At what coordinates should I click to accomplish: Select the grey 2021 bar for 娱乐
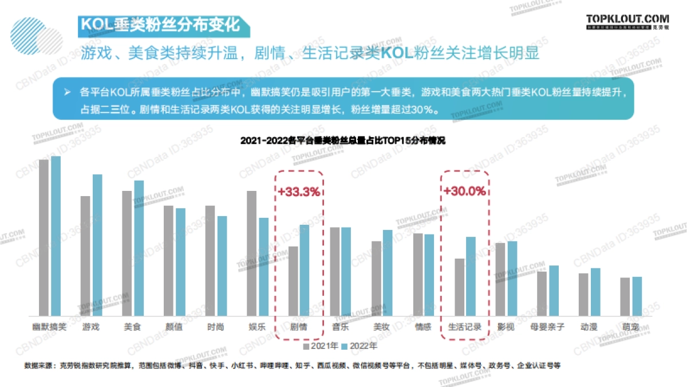(x=251, y=253)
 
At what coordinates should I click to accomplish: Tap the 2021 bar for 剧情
(x=293, y=281)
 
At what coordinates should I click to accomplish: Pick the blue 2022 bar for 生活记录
(x=471, y=276)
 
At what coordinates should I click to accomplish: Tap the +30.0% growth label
(x=464, y=191)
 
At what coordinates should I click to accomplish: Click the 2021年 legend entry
(x=321, y=346)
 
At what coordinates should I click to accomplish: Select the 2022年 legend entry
(x=359, y=346)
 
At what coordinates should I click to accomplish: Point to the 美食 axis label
(x=133, y=327)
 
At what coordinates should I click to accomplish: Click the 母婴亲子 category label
(x=547, y=327)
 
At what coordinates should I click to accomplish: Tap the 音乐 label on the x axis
(x=340, y=327)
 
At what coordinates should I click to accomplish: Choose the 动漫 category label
(x=589, y=327)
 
